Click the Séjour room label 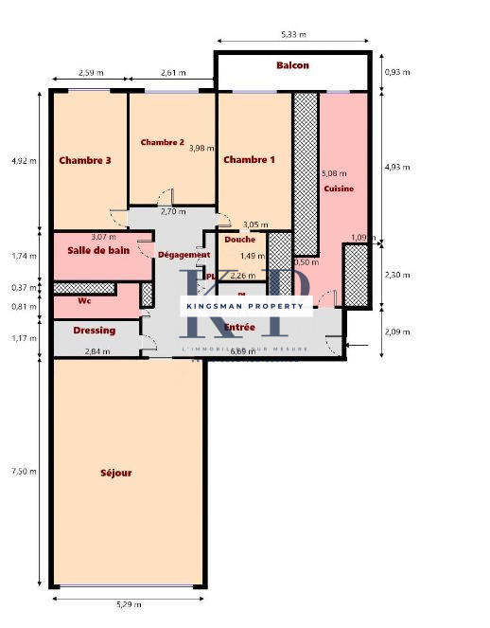[x=115, y=473]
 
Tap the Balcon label [x=292, y=65]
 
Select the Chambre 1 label [x=249, y=160]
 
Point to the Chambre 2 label [x=162, y=142]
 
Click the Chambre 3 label [x=85, y=161]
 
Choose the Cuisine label [x=339, y=188]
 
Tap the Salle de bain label [x=98, y=250]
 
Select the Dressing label [x=94, y=331]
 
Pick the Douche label [x=239, y=240]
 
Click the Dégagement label [x=184, y=255]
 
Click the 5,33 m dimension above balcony [x=293, y=34]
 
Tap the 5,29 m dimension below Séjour [x=127, y=602]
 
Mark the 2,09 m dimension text [x=398, y=332]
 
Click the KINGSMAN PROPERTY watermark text [x=246, y=306]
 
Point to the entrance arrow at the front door [x=358, y=346]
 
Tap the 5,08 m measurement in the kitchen [x=334, y=174]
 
